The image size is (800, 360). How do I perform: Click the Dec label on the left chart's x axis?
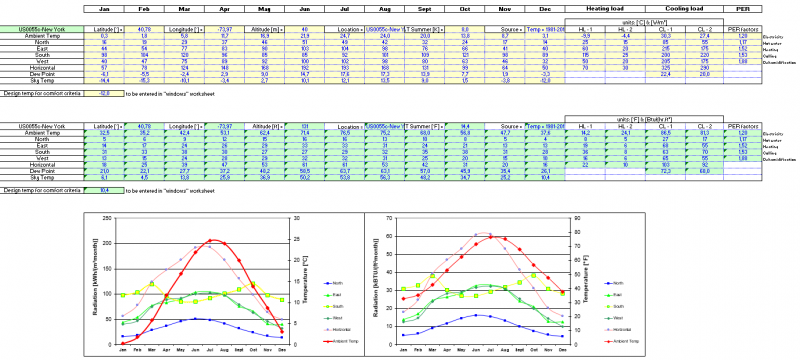click(x=283, y=349)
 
